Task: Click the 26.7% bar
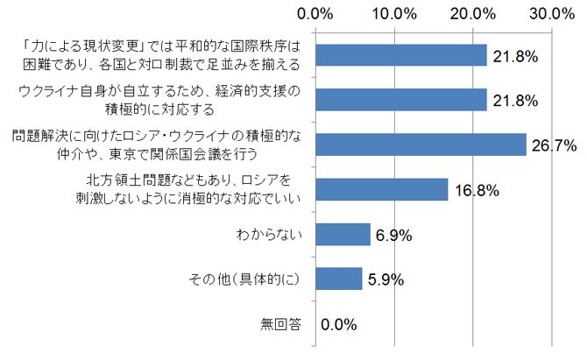[420, 145]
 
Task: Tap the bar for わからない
[342, 234]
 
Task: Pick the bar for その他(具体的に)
[337, 279]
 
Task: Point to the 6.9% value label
[393, 235]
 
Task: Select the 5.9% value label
[385, 279]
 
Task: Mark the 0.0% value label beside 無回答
[339, 324]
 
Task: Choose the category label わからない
[269, 235]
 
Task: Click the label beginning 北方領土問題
[188, 189]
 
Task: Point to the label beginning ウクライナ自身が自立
[160, 100]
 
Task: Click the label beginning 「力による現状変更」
[161, 55]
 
